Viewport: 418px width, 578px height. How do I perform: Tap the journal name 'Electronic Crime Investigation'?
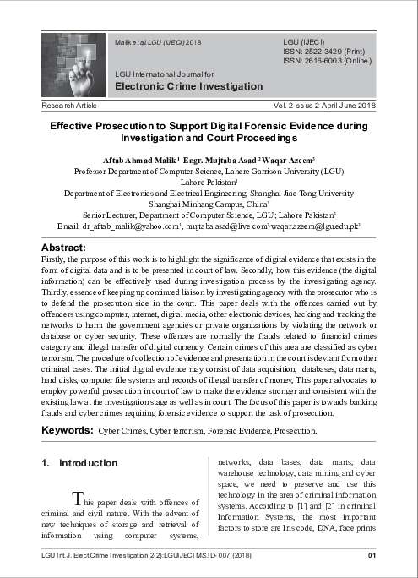188,86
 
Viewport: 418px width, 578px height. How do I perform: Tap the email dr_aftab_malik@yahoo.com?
129,227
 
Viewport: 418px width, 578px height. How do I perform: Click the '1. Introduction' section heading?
79,463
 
